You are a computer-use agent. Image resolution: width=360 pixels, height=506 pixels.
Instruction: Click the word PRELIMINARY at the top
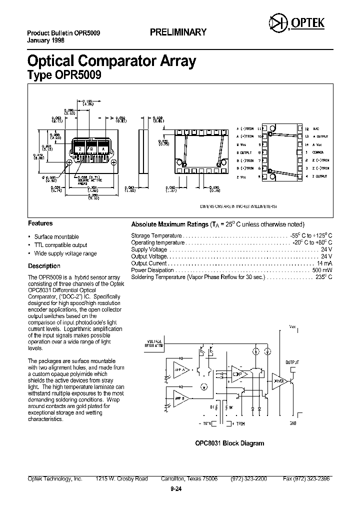click(x=178, y=32)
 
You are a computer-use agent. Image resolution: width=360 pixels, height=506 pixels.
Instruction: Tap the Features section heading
click(x=40, y=223)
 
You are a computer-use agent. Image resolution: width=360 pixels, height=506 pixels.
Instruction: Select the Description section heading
click(x=44, y=266)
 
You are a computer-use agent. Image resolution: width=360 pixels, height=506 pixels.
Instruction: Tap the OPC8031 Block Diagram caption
click(x=229, y=443)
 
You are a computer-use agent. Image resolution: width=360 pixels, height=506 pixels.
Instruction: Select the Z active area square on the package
click(x=78, y=149)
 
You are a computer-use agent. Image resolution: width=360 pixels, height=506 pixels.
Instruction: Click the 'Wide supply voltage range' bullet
click(x=65, y=253)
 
